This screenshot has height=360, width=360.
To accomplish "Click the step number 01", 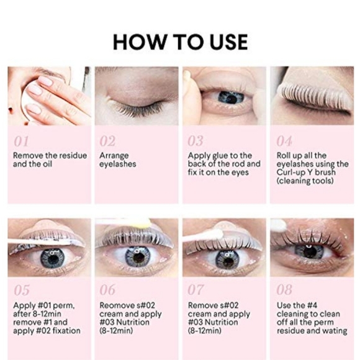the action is tap(21, 141).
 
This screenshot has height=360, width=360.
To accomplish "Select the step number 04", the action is tap(284, 141).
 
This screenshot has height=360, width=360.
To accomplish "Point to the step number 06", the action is tap(107, 290).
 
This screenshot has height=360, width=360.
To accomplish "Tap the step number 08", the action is tap(284, 290).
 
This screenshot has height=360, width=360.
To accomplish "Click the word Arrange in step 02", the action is tap(114, 156).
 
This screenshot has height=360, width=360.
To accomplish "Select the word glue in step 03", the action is tap(220, 156).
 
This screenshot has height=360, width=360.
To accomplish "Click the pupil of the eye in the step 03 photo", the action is tap(232, 99).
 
